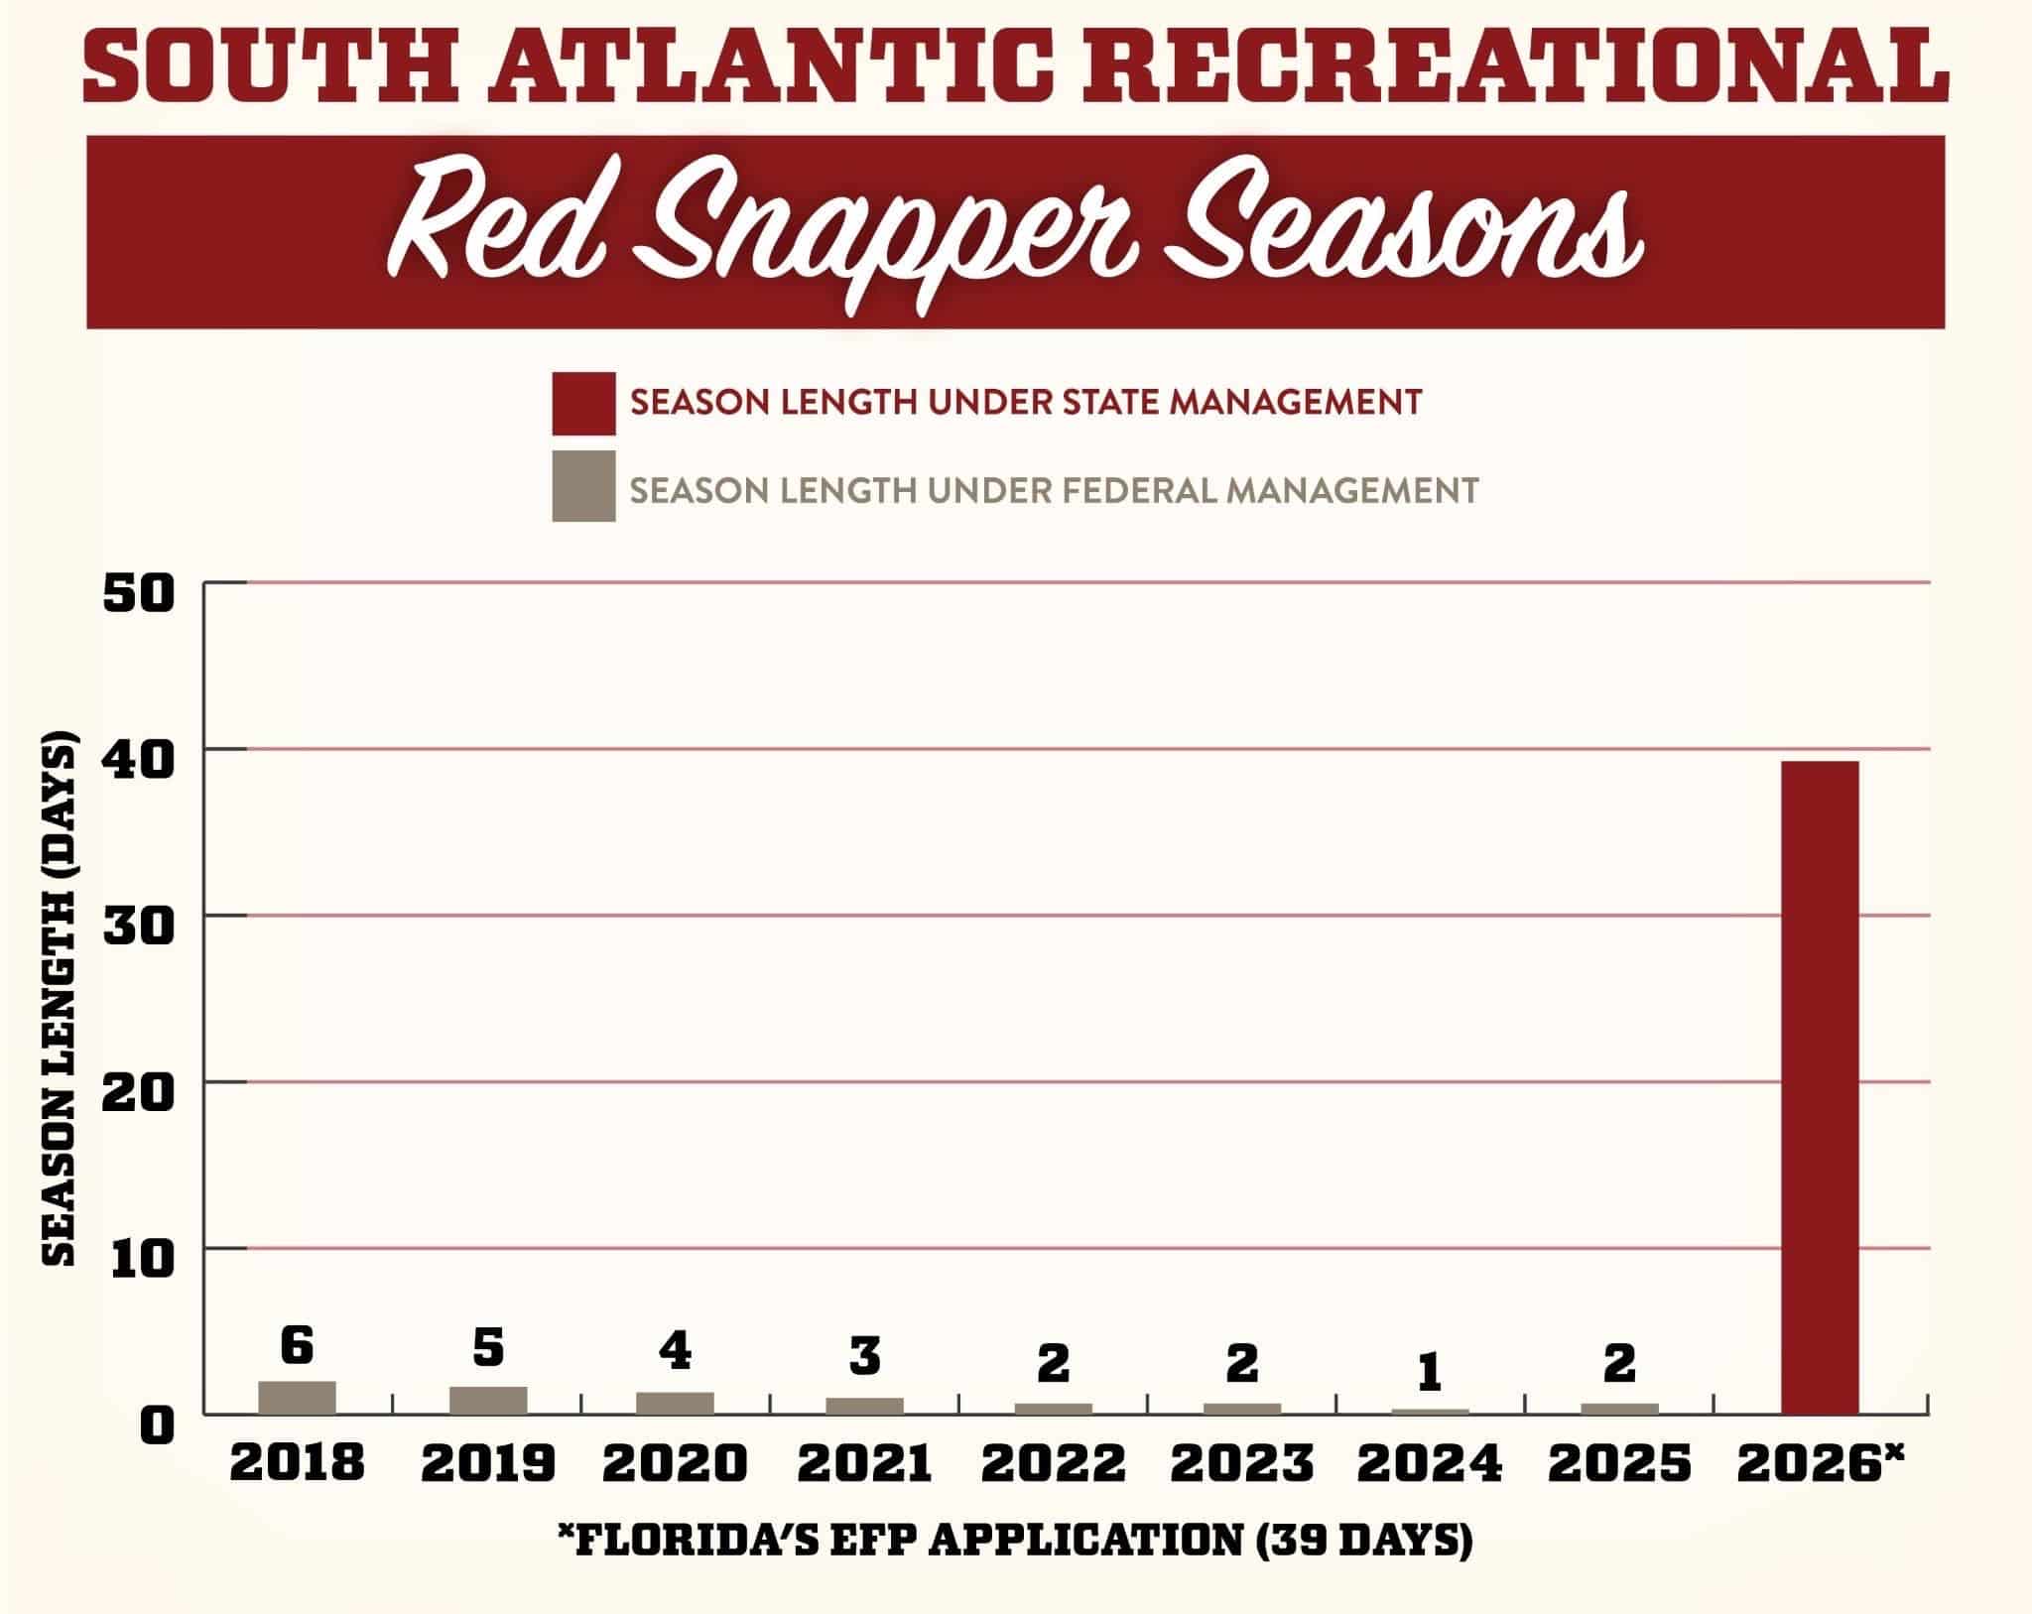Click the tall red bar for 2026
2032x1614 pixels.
coord(1820,1086)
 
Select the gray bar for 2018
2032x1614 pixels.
coord(297,1397)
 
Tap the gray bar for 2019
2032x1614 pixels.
coord(488,1400)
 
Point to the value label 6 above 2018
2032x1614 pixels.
coord(297,1345)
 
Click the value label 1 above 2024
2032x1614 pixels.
coord(1429,1373)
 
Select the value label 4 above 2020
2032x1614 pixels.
coord(676,1350)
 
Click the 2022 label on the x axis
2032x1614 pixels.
coord(1054,1462)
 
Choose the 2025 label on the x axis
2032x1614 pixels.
coord(1619,1462)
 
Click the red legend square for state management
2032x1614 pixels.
coord(583,403)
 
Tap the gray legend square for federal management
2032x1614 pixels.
coord(583,486)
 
